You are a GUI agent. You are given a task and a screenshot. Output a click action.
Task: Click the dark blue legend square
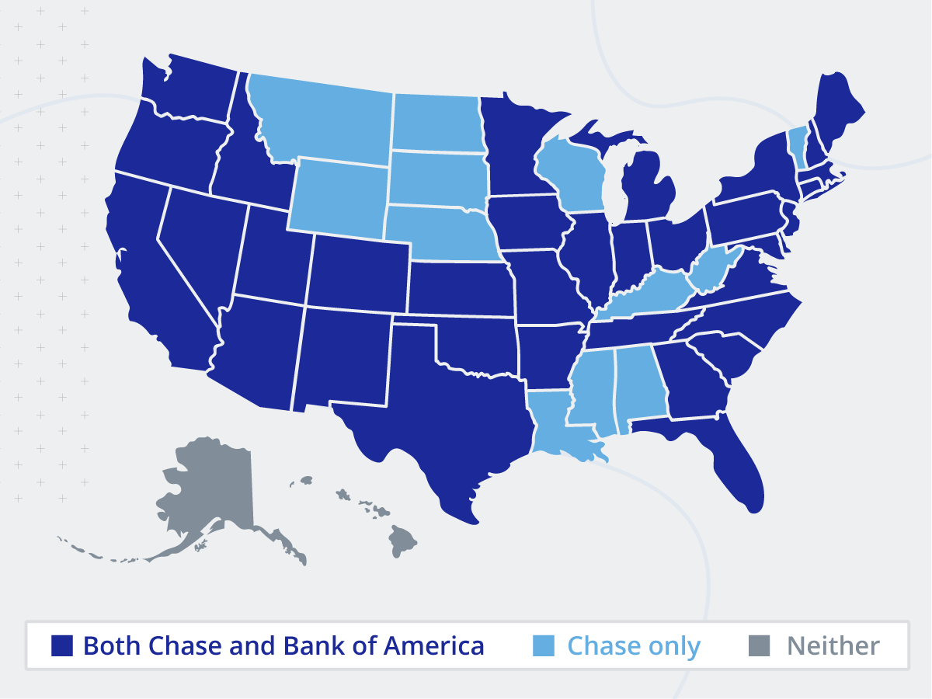point(62,645)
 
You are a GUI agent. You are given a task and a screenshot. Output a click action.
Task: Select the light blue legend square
point(544,645)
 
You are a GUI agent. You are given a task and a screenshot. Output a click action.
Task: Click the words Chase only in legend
point(634,645)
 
